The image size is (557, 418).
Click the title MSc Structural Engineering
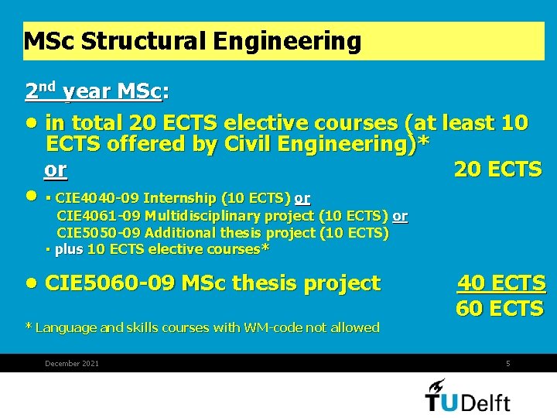(x=193, y=41)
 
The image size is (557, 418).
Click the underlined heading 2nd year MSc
(x=94, y=92)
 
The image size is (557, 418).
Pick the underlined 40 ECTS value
(x=501, y=283)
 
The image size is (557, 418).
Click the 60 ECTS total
(x=500, y=308)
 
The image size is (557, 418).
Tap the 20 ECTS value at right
(x=497, y=170)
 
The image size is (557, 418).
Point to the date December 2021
(x=72, y=364)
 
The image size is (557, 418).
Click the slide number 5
(x=507, y=364)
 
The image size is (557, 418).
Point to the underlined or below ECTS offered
(x=56, y=170)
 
